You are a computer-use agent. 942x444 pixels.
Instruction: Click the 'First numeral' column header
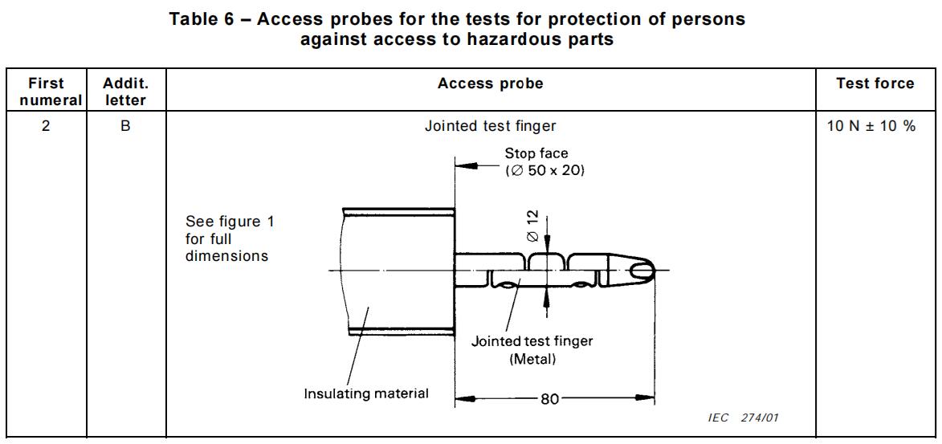coord(46,92)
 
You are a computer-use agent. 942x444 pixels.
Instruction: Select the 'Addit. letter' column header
coord(125,92)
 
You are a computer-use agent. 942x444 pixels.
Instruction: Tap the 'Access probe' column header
coord(490,84)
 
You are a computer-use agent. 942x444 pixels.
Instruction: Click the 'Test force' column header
coord(875,84)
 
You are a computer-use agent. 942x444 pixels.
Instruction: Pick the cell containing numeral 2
coord(46,126)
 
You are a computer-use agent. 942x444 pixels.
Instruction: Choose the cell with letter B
coord(125,126)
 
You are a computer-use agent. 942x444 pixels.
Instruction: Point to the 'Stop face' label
coord(536,153)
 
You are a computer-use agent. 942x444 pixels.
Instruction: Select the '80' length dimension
coord(549,398)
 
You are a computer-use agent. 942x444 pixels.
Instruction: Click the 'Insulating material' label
coord(365,393)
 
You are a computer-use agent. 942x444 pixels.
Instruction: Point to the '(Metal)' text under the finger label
coord(532,359)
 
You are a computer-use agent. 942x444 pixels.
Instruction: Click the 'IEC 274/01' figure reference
coord(744,418)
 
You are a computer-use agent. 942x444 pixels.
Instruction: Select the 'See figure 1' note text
coord(229,222)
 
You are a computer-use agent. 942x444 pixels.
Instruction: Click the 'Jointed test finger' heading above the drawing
coord(490,126)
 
